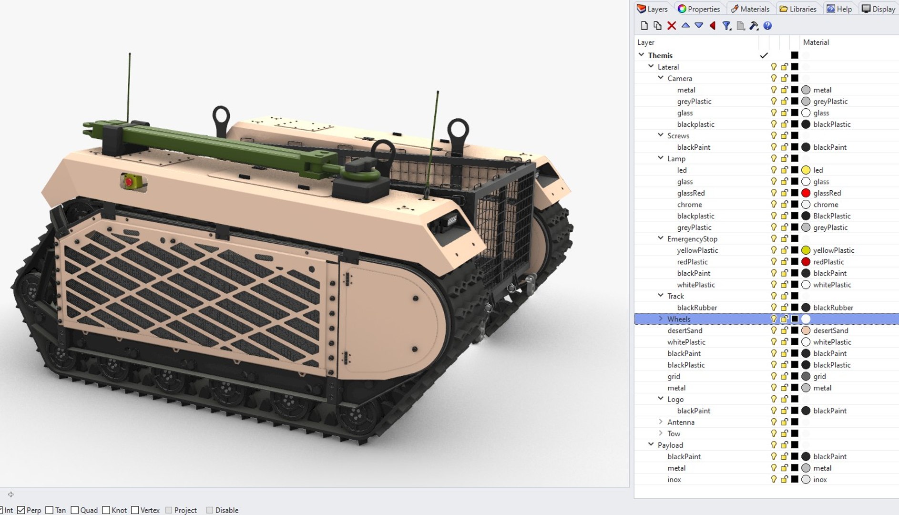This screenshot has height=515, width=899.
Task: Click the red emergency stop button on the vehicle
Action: tap(128, 182)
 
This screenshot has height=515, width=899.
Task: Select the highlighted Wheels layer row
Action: tap(679, 319)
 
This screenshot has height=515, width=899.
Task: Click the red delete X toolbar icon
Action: tap(671, 26)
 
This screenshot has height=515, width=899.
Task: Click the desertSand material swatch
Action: tap(806, 330)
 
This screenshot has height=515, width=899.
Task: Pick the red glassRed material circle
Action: tap(806, 193)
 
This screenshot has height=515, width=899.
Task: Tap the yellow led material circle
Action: tap(806, 170)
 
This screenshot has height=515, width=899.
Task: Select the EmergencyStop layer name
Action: tap(692, 239)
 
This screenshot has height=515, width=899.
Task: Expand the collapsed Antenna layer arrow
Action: tap(661, 422)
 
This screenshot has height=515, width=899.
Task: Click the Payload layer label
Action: tap(670, 445)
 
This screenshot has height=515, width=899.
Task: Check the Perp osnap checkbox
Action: tap(21, 510)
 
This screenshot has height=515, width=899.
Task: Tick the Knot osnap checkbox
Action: tap(106, 510)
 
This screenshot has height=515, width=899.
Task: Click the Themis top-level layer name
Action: tap(660, 55)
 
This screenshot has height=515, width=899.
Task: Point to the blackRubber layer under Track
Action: tap(697, 308)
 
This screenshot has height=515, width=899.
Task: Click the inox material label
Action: tap(820, 479)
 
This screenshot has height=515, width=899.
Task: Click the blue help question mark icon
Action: tap(767, 26)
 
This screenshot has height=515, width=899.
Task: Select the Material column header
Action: tap(816, 42)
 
